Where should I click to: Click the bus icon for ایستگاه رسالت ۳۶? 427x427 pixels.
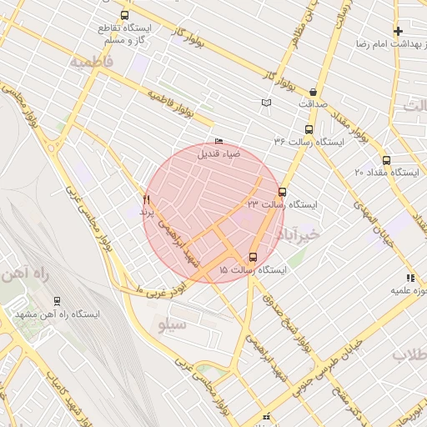click(x=309, y=129)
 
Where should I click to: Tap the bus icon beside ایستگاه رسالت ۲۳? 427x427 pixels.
click(x=282, y=192)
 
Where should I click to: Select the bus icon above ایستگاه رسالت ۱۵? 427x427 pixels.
click(x=254, y=257)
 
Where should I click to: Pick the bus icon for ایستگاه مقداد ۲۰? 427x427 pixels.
click(x=386, y=160)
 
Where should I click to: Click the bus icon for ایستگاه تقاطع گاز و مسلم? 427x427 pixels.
click(x=124, y=15)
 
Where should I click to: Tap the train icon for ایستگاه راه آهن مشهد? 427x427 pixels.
click(x=57, y=301)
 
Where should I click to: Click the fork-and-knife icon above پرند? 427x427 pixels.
click(x=147, y=199)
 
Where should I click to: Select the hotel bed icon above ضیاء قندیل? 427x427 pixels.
click(x=219, y=141)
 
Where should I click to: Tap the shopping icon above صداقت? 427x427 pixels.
click(x=313, y=92)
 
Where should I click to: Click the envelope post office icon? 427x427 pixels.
click(x=266, y=103)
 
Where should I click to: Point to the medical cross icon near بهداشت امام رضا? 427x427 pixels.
click(x=399, y=31)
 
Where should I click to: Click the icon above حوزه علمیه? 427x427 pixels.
click(x=409, y=278)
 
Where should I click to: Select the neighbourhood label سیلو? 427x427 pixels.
click(x=173, y=322)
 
